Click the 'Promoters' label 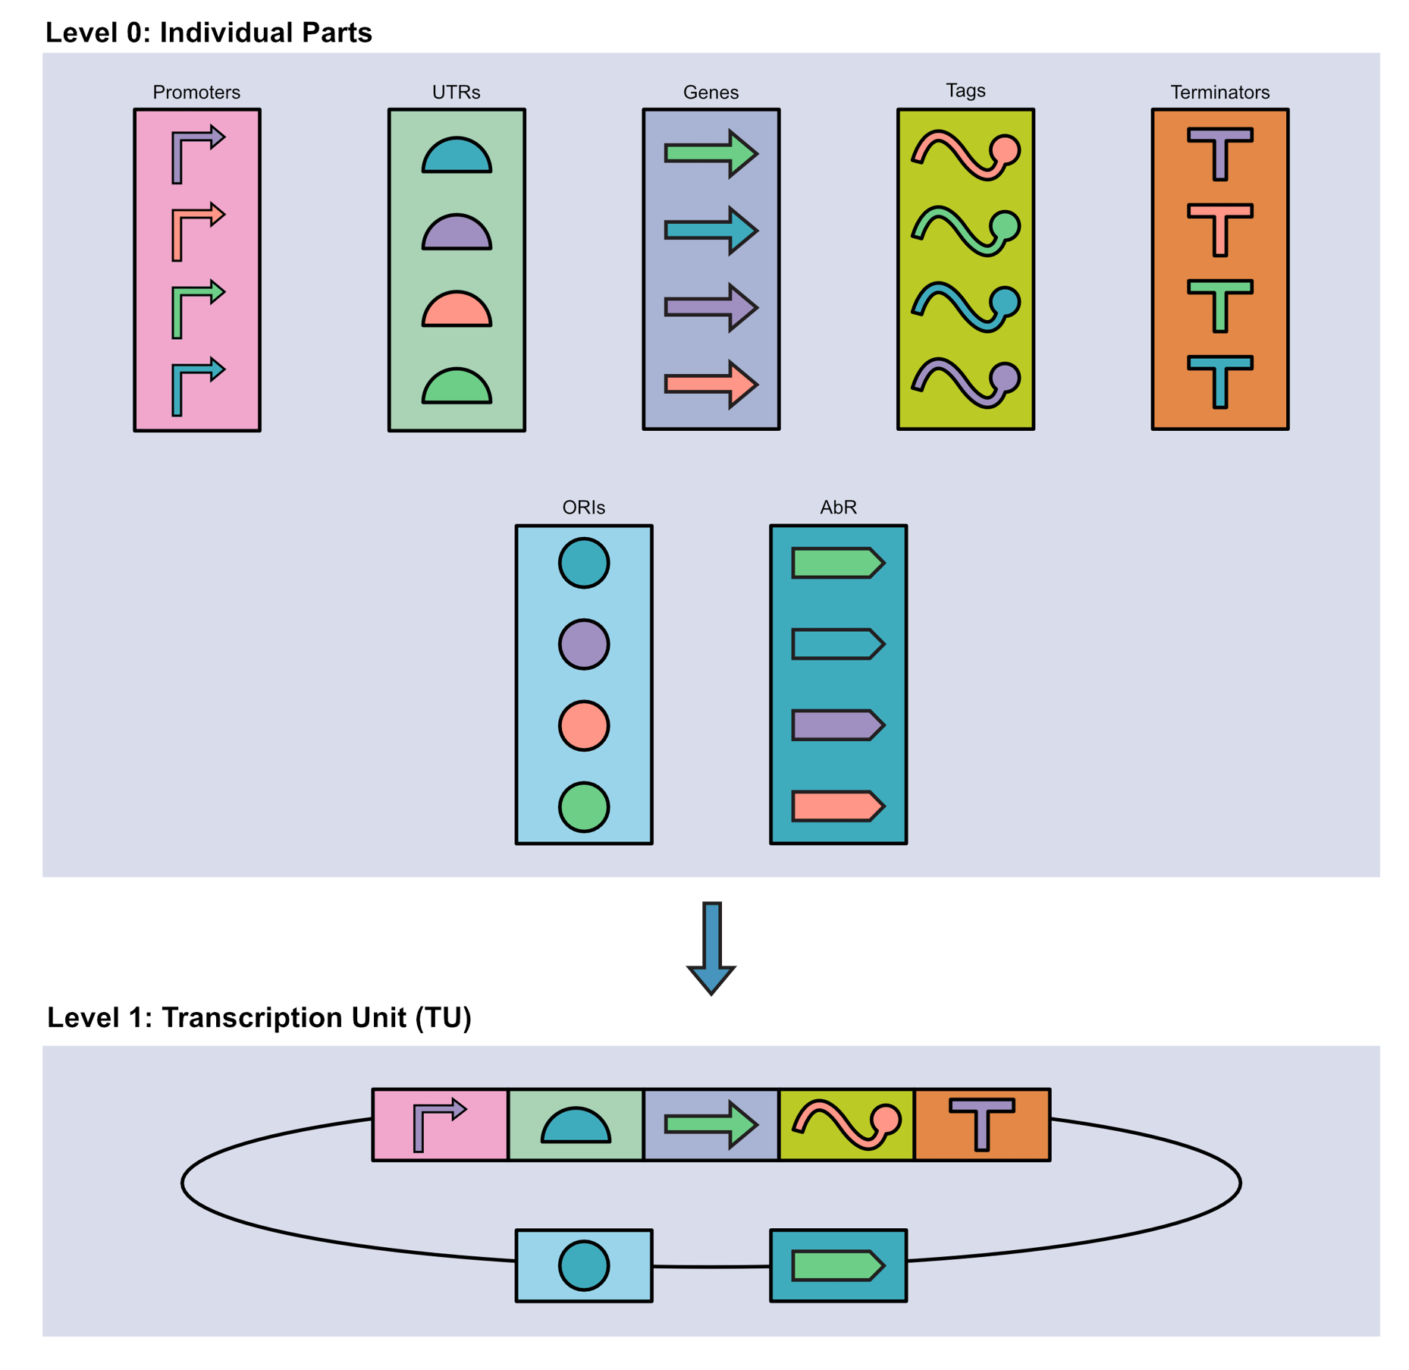[196, 93]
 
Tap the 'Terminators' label [1219, 93]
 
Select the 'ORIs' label [583, 507]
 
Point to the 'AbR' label [838, 507]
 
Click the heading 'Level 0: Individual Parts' [209, 33]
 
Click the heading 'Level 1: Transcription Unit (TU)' [259, 1017]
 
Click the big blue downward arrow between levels [711, 947]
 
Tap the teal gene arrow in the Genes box [710, 230]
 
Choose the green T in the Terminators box [1219, 304]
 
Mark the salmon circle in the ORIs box [583, 726]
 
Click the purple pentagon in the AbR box [836, 726]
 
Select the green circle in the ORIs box [583, 807]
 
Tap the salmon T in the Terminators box [1219, 228]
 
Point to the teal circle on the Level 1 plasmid [583, 1265]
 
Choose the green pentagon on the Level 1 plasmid [836, 1265]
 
